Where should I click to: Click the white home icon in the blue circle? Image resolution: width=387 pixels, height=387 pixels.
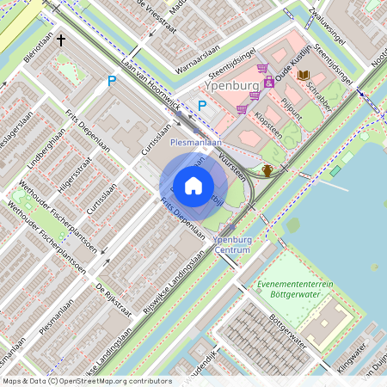[193, 186]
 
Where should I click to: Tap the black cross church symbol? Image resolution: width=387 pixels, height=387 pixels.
[62, 40]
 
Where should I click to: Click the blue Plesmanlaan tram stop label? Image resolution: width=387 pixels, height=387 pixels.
[196, 141]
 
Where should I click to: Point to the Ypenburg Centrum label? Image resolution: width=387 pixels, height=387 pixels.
[230, 244]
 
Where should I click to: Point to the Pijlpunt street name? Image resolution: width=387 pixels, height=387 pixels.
[292, 113]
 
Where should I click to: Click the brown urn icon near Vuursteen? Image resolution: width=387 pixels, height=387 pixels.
[267, 169]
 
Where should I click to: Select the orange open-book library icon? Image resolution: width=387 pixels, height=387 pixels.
[303, 76]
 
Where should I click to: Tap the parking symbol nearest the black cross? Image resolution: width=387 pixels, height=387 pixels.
[111, 81]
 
